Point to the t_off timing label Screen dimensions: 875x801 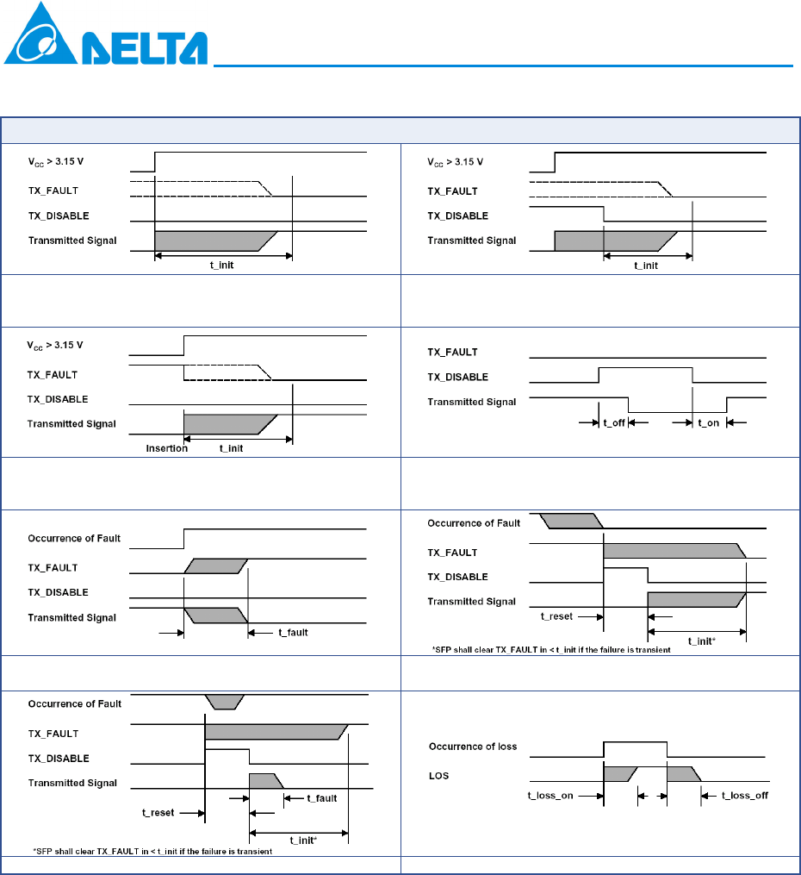tap(613, 423)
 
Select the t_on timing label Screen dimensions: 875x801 tap(709, 423)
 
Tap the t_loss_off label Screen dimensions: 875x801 tap(744, 796)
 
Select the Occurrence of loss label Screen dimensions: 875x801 tap(473, 746)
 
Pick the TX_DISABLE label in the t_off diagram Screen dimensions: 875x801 tap(458, 377)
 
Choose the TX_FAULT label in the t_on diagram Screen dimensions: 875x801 tap(454, 352)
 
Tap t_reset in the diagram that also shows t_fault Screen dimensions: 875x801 tap(159, 812)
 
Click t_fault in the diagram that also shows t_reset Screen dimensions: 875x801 tap(321, 798)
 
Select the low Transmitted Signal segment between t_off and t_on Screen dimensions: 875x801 tap(677, 411)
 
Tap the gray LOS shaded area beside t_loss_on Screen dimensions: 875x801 tap(618, 773)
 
